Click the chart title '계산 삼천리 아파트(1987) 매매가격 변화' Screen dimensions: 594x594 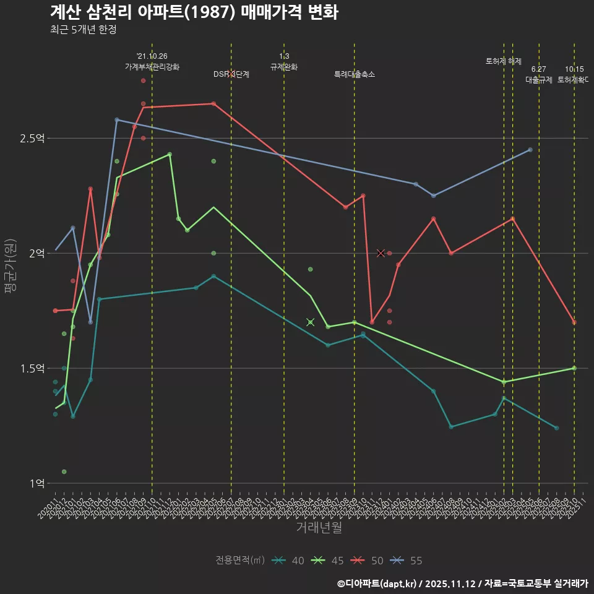pos(194,12)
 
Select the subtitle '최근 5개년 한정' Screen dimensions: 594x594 pos(83,29)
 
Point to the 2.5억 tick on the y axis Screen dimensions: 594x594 pos(33,139)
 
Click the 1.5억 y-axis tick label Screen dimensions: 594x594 pos(33,369)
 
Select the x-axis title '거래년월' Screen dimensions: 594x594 pos(319,527)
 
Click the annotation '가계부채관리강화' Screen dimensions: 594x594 pos(152,67)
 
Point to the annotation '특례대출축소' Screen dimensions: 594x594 pos(355,74)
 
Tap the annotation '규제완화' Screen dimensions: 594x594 pos(284,67)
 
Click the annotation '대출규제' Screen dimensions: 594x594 pos(539,80)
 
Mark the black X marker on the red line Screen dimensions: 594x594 pos(381,253)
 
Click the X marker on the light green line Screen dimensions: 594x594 pos(311,322)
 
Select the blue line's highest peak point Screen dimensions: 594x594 pos(117,119)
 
